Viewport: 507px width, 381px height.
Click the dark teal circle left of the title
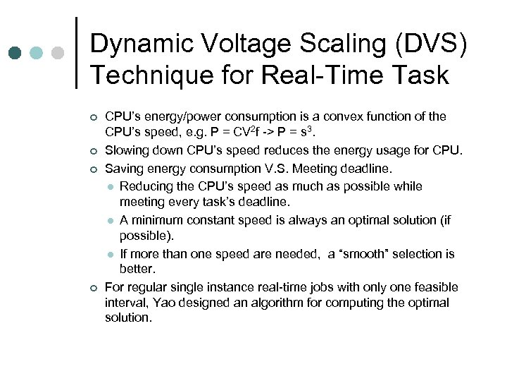(15, 53)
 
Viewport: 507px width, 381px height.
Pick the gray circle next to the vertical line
(58, 53)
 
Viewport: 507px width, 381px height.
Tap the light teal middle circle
(37, 53)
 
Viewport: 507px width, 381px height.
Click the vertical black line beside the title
(75, 53)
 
